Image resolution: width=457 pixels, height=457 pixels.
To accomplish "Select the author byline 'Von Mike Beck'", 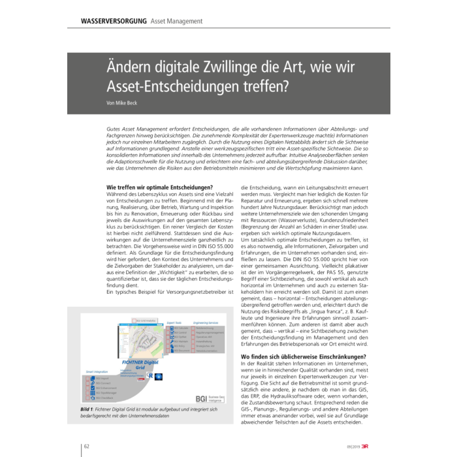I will pos(122,103).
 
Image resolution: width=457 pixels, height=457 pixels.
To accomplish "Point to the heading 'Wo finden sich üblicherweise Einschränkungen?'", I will pos(304,356).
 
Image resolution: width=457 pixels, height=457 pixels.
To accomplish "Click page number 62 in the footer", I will pos(87,445).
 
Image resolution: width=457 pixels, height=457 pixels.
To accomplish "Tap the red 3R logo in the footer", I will pos(367,445).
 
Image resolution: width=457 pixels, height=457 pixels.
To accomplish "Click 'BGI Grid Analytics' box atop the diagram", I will pos(146,320).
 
